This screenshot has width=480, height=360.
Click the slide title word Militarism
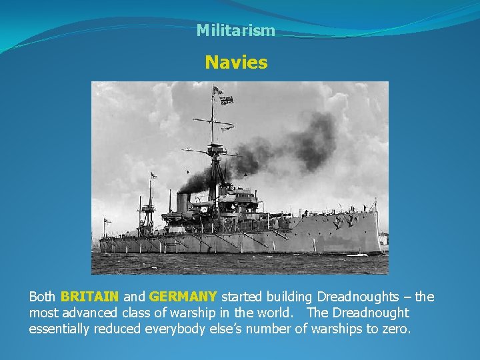pyautogui.click(x=235, y=31)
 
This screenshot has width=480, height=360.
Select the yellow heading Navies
pyautogui.click(x=236, y=63)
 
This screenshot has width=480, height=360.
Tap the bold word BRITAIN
pyautogui.click(x=89, y=296)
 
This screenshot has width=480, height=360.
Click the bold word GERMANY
pyautogui.click(x=183, y=296)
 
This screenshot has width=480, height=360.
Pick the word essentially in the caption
pyautogui.click(x=62, y=329)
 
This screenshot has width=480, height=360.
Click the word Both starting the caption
pyautogui.click(x=43, y=296)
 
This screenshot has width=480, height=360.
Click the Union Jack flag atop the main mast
pyautogui.click(x=227, y=100)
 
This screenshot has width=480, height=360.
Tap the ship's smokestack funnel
pyautogui.click(x=183, y=202)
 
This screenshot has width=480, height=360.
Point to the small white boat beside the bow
pyautogui.click(x=357, y=254)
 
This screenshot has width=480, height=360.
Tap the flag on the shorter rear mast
pyautogui.click(x=153, y=176)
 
